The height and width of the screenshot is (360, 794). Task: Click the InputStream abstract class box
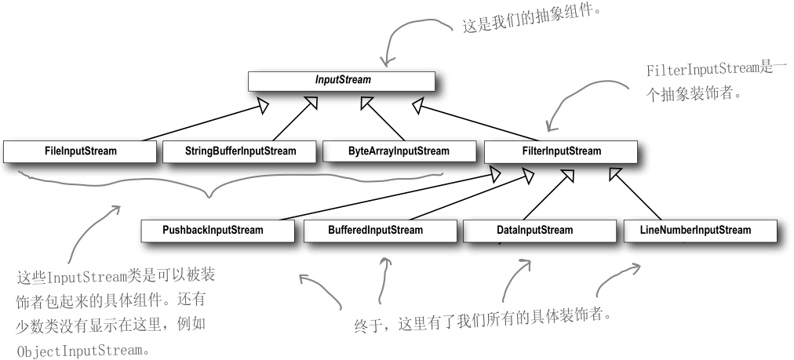point(341,81)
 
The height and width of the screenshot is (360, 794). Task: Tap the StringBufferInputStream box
point(240,151)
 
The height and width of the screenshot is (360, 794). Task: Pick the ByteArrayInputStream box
point(399,151)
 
